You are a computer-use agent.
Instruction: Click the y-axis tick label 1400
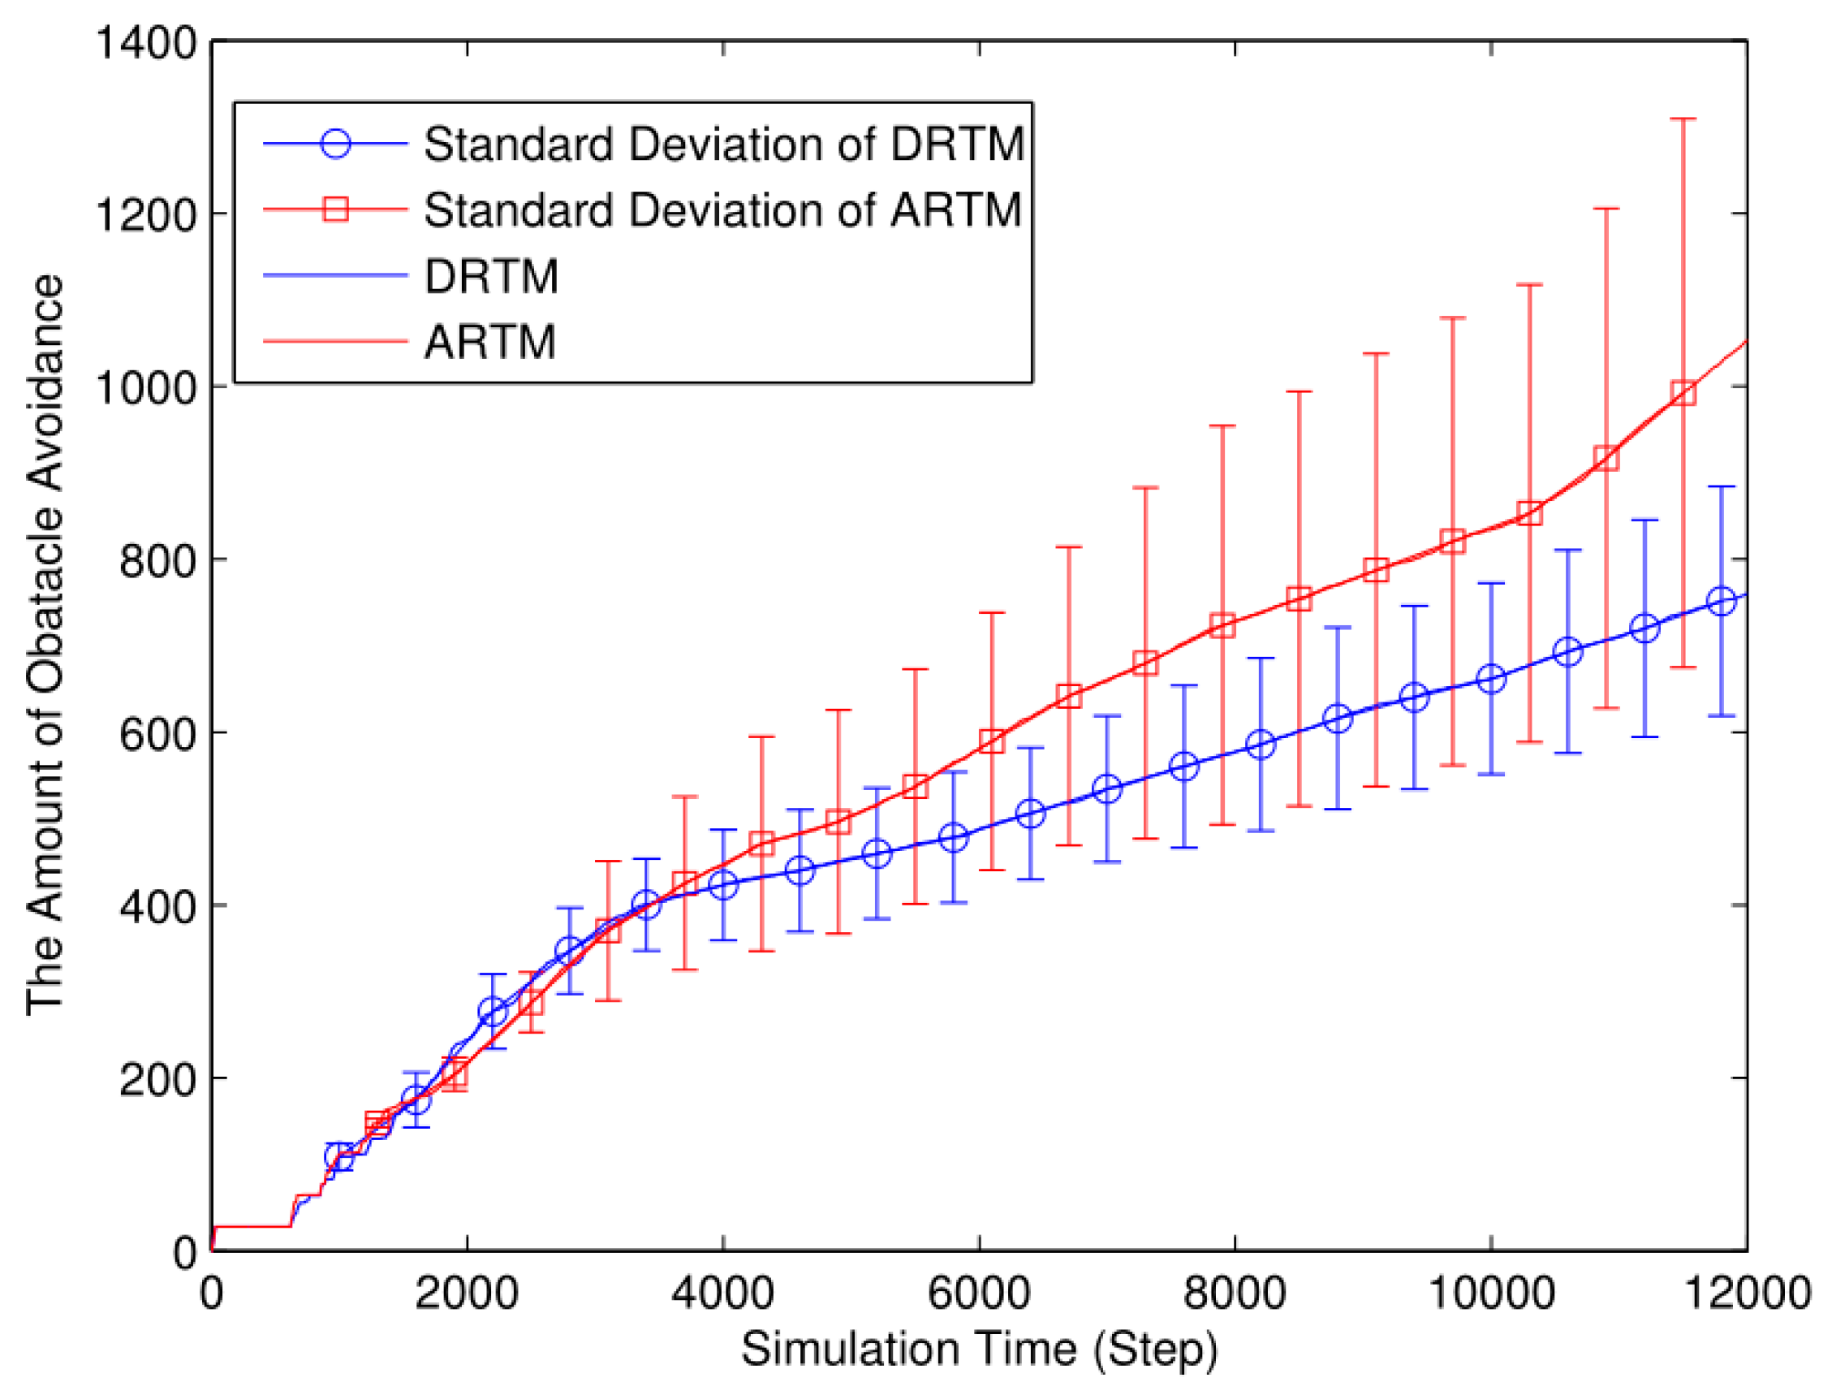click(x=146, y=42)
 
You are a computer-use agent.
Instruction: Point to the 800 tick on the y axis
click(x=157, y=560)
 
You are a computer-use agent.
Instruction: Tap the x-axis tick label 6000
click(x=979, y=1293)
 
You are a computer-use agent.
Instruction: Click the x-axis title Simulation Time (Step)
click(x=979, y=1350)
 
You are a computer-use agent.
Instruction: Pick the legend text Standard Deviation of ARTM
click(x=722, y=209)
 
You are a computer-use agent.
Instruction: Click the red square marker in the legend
click(x=335, y=209)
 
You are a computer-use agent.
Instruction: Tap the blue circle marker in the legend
click(x=335, y=144)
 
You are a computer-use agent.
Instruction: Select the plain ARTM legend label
click(x=489, y=341)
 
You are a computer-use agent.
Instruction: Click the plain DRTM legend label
click(x=491, y=276)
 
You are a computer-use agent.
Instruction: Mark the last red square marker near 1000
click(x=1683, y=393)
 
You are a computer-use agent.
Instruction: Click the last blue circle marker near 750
click(x=1722, y=600)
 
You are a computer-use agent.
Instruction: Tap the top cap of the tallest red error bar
click(x=1683, y=119)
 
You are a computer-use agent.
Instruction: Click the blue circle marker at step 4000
click(x=723, y=885)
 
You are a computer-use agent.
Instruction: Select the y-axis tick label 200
click(x=157, y=1078)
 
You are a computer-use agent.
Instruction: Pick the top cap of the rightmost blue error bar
click(x=1722, y=487)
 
